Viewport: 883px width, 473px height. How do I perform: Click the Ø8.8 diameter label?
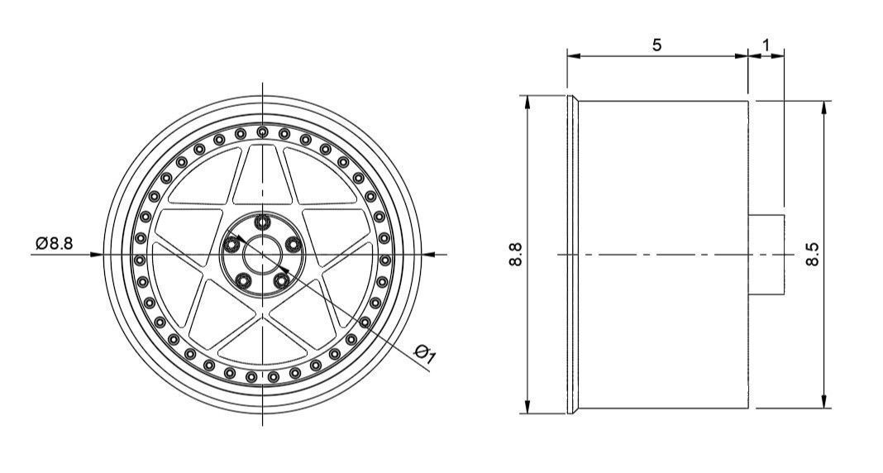point(55,242)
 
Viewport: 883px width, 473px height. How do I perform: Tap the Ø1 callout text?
point(427,355)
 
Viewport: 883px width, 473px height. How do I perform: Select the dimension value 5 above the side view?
point(656,45)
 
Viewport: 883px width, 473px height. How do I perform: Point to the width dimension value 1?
point(766,43)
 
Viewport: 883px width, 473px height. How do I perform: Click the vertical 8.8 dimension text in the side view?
point(516,254)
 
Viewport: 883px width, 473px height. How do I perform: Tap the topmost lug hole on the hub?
point(263,221)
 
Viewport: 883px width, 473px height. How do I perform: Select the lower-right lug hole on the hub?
point(282,280)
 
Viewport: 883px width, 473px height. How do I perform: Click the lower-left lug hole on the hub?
point(244,280)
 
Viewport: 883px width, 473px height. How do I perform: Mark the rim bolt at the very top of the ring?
point(263,131)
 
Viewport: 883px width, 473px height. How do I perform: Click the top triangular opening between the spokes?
point(263,178)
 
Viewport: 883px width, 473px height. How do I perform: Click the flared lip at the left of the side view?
point(572,254)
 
